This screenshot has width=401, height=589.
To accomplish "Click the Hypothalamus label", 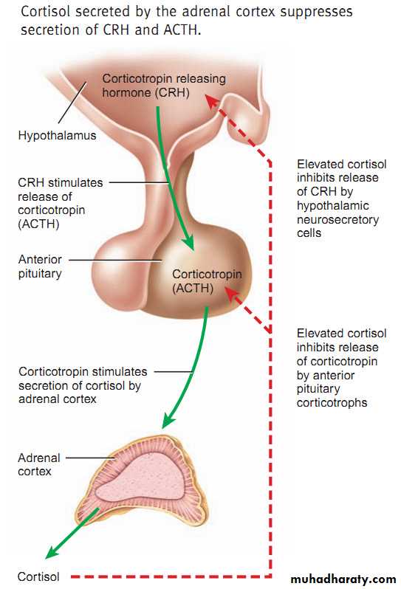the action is pyautogui.click(x=57, y=135).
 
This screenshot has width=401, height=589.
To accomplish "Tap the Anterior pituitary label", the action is pyautogui.click(x=40, y=266).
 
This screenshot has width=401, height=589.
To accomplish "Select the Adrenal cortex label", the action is pyautogui.click(x=39, y=465).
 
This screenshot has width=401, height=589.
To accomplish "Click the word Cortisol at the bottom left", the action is pyautogui.click(x=38, y=576).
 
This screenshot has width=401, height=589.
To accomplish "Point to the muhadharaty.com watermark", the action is pyautogui.click(x=343, y=579).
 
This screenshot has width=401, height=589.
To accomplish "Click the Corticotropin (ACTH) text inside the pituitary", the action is pyautogui.click(x=207, y=280).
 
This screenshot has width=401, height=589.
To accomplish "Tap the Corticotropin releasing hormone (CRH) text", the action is pyautogui.click(x=164, y=86).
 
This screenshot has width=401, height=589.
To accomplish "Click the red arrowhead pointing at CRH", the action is pyautogui.click(x=212, y=102).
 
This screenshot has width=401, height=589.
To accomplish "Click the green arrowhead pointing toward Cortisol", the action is pyautogui.click(x=52, y=551).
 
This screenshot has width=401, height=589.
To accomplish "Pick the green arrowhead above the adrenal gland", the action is pyautogui.click(x=167, y=421).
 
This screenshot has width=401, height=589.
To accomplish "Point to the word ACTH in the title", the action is pyautogui.click(x=180, y=30).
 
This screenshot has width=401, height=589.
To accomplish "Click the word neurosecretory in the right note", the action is pyautogui.click(x=337, y=219).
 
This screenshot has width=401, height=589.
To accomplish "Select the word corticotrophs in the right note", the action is pyautogui.click(x=332, y=403).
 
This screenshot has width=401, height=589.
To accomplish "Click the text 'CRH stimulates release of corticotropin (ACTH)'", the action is pyautogui.click(x=60, y=203).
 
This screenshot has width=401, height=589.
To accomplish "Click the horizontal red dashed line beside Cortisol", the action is pyautogui.click(x=170, y=576).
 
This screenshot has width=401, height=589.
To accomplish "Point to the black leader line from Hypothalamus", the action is pyautogui.click(x=72, y=103).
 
